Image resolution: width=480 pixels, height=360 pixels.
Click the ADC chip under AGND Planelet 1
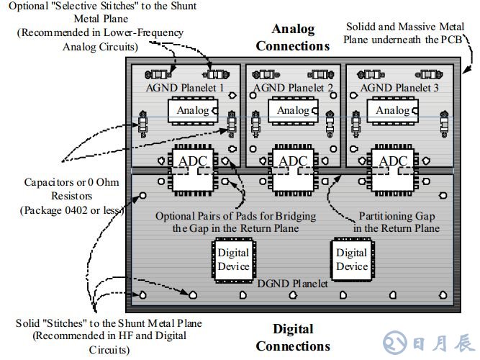[192, 171]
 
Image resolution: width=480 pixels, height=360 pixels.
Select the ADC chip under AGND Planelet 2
[293, 171]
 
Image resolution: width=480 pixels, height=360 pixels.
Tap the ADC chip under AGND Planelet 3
[393, 171]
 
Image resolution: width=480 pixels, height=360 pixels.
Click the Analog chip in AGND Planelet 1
[192, 110]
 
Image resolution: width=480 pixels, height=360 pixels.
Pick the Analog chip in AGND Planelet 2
[293, 110]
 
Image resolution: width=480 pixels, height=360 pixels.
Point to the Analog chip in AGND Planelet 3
[393, 110]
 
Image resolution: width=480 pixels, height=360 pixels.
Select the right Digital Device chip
[352, 259]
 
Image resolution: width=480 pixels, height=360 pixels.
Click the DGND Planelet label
[293, 284]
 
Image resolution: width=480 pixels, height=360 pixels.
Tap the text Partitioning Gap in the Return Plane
[397, 222]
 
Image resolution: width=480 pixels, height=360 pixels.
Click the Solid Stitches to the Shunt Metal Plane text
[100, 335]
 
